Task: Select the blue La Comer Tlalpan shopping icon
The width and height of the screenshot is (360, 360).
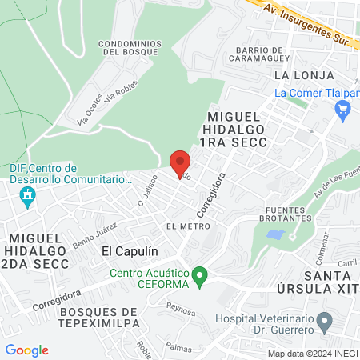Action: point(344,111)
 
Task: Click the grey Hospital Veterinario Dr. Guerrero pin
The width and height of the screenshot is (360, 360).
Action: point(324,323)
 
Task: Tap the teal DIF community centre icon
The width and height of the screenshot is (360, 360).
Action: point(28,196)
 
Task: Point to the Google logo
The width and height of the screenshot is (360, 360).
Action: point(26,350)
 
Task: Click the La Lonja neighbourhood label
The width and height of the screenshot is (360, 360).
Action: point(291,74)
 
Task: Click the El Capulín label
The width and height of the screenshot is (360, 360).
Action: point(128,251)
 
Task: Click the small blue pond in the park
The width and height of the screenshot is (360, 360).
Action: point(275,236)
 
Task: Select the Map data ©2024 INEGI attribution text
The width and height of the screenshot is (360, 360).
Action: point(312,354)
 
